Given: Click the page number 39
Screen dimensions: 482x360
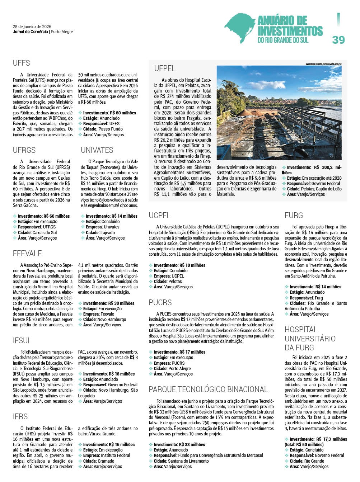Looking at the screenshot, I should click(x=338, y=39).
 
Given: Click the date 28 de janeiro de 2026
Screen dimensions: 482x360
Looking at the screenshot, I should click(x=32, y=27).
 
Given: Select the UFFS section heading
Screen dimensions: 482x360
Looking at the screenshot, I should click(x=22, y=63).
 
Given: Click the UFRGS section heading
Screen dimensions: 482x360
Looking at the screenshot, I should click(x=24, y=150).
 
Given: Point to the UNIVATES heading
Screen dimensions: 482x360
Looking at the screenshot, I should click(x=97, y=150).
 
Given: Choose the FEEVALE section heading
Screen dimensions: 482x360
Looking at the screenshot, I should click(x=27, y=253).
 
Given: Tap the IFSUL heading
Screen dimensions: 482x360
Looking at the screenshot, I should click(x=22, y=340).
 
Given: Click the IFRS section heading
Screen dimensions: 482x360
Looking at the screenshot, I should click(x=20, y=417).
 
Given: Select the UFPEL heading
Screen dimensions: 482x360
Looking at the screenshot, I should click(x=165, y=68).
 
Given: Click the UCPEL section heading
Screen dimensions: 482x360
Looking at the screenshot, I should click(x=160, y=215).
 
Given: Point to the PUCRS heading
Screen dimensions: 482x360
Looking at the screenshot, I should click(x=160, y=302).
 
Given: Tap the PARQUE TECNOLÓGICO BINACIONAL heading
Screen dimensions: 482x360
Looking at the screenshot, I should click(x=209, y=389).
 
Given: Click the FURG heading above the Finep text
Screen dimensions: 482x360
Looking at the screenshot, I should click(x=294, y=215).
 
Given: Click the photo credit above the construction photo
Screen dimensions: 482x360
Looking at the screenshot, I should click(x=326, y=64).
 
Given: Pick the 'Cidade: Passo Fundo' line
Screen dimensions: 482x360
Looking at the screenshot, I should click(x=103, y=129).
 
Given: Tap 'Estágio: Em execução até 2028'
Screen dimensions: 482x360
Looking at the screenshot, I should click(x=314, y=178).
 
